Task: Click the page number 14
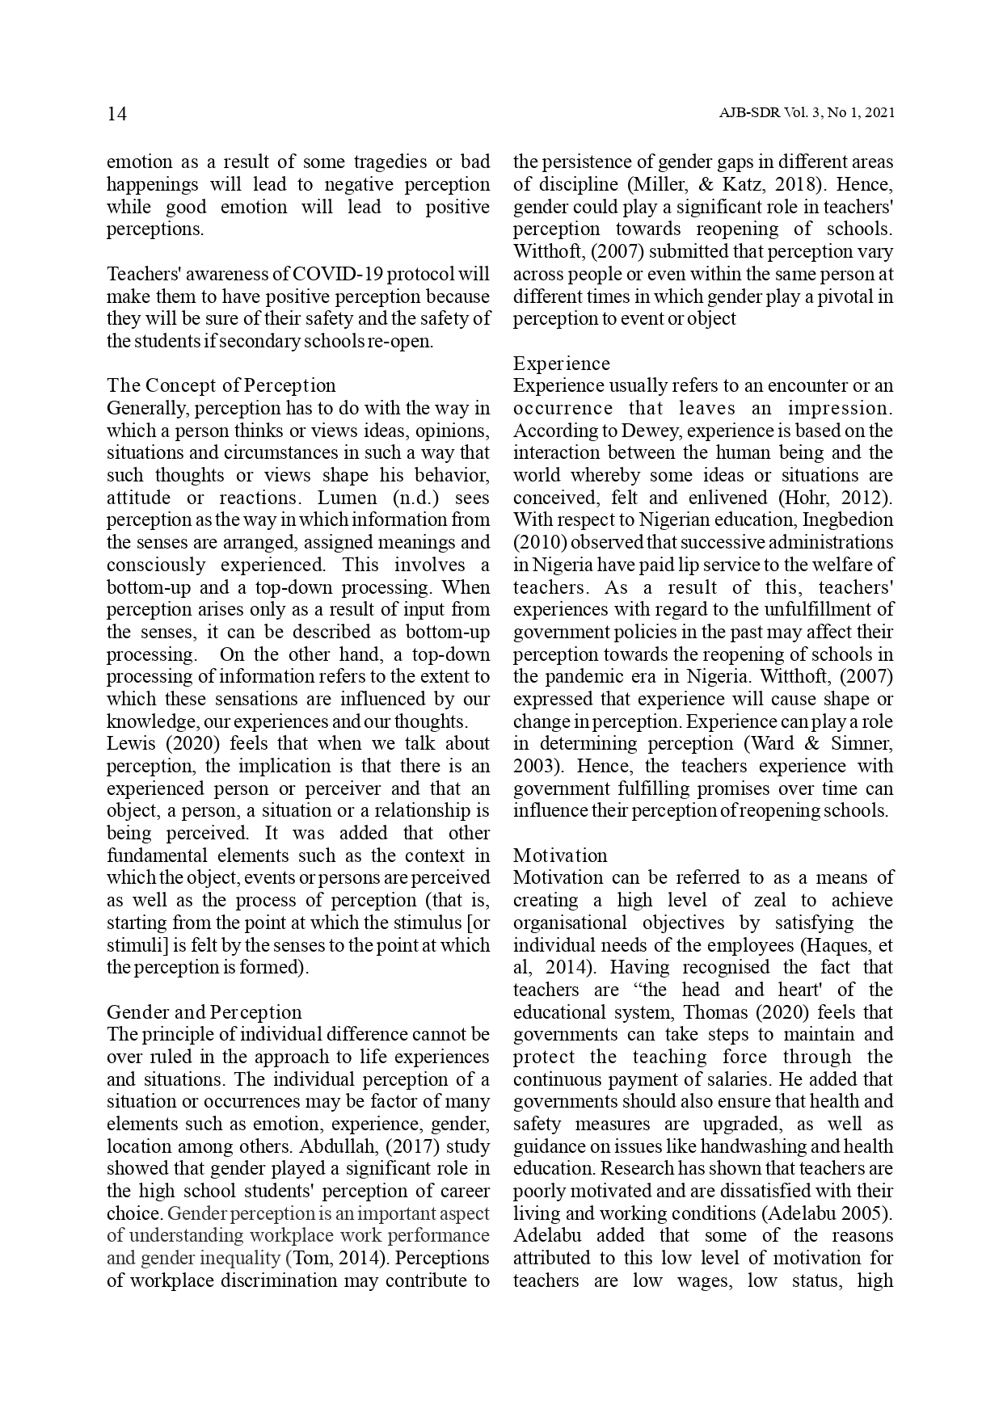[117, 114]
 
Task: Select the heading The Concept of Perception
[221, 385]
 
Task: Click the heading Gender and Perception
[204, 1012]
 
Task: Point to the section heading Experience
[562, 364]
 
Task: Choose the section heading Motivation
[560, 856]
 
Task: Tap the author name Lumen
[349, 498]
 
